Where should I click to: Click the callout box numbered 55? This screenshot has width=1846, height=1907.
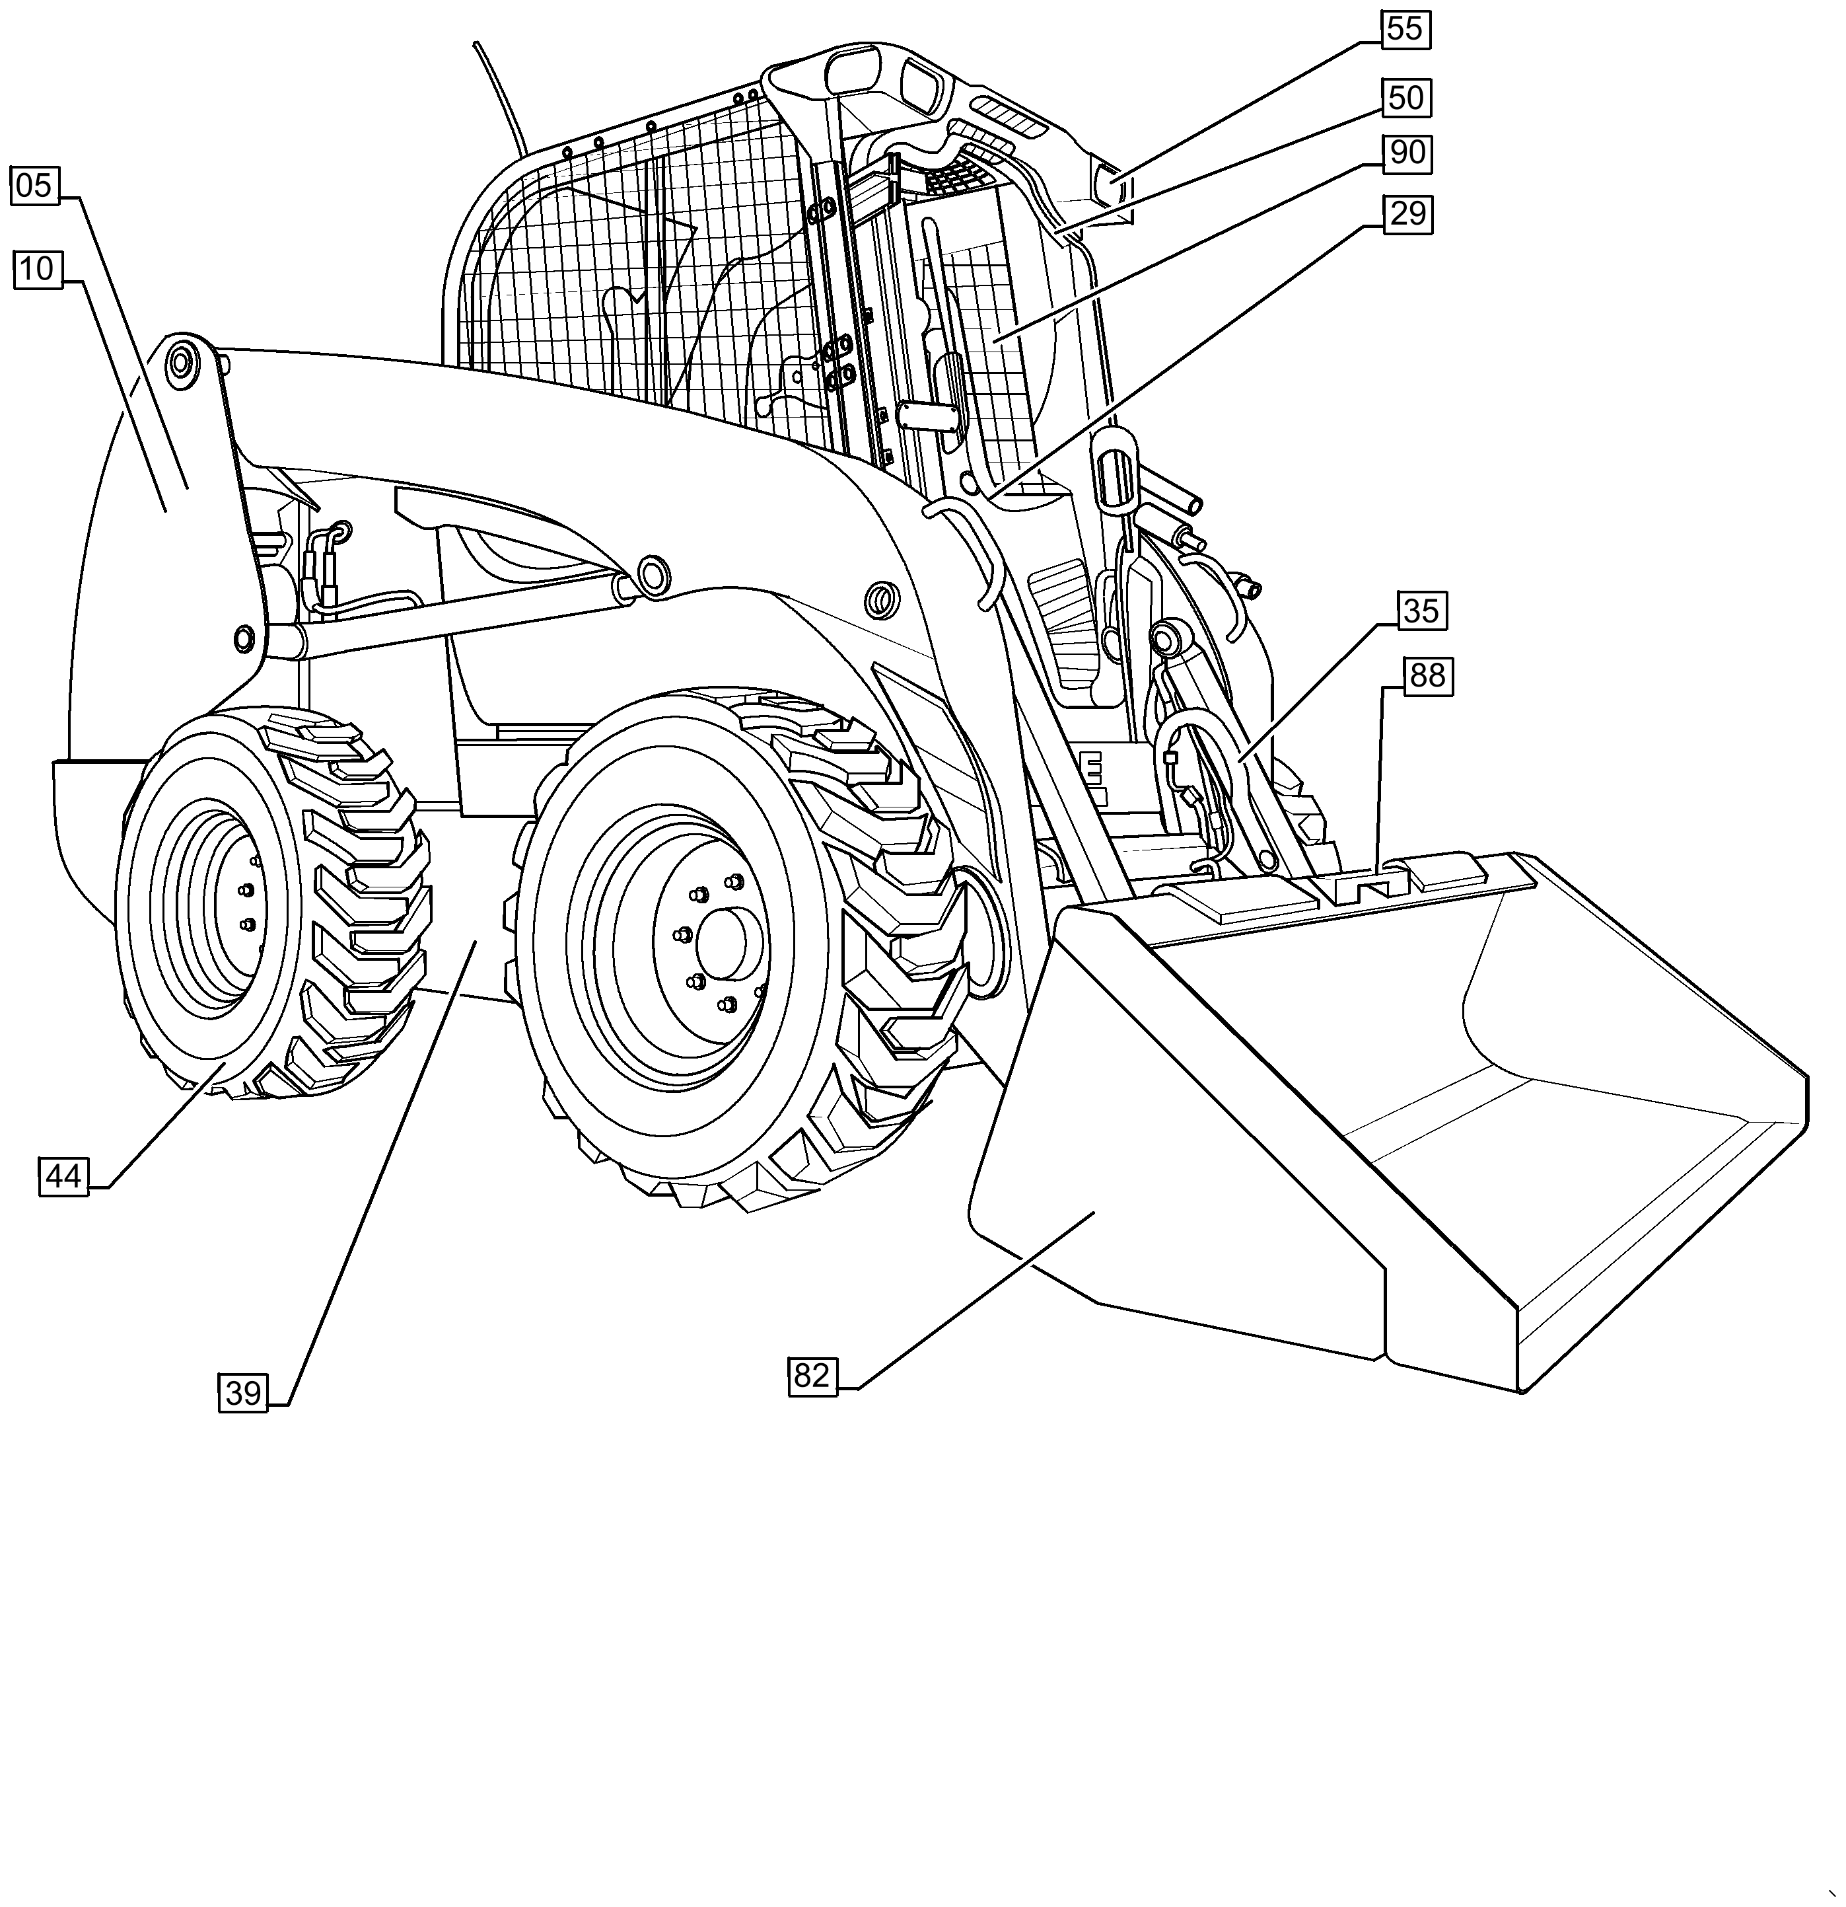coord(1405,28)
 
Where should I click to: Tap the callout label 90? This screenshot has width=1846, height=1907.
coord(1407,153)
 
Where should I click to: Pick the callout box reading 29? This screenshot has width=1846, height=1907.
coord(1407,213)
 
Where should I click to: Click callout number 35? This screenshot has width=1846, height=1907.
coord(1421,611)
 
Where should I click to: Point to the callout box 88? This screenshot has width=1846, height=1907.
coord(1427,675)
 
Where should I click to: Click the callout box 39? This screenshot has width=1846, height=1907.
coord(243,1394)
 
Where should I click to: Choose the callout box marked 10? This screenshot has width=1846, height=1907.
coord(37,268)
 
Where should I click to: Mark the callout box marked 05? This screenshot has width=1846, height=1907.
coord(34,185)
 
